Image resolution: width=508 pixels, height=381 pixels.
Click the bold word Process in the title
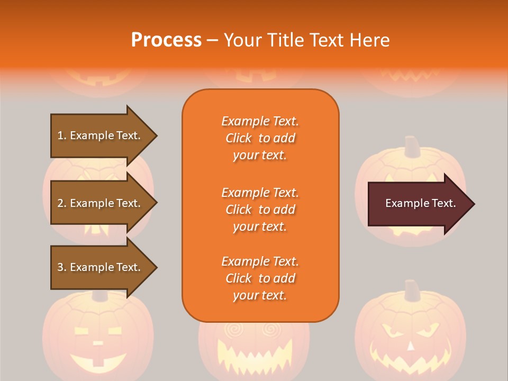pyautogui.click(x=166, y=40)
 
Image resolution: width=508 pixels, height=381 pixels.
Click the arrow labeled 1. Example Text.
pyautogui.click(x=99, y=135)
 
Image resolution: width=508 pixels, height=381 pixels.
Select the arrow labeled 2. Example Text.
pyautogui.click(x=99, y=203)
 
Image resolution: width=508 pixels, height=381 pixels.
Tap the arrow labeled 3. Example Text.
pyautogui.click(x=99, y=267)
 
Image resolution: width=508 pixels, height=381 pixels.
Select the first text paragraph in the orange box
pyautogui.click(x=260, y=138)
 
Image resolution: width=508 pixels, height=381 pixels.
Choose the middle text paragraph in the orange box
pyautogui.click(x=260, y=210)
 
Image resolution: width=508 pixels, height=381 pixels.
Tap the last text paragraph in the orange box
pyautogui.click(x=260, y=278)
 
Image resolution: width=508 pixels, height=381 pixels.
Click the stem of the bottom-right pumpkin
pyautogui.click(x=412, y=290)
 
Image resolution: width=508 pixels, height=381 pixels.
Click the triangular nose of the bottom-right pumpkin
pyautogui.click(x=411, y=346)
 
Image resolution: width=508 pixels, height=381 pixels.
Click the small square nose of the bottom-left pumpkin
pyautogui.click(x=98, y=343)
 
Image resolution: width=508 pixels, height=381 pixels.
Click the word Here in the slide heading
pyautogui.click(x=370, y=40)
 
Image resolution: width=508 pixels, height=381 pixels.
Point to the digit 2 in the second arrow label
pyautogui.click(x=60, y=203)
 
